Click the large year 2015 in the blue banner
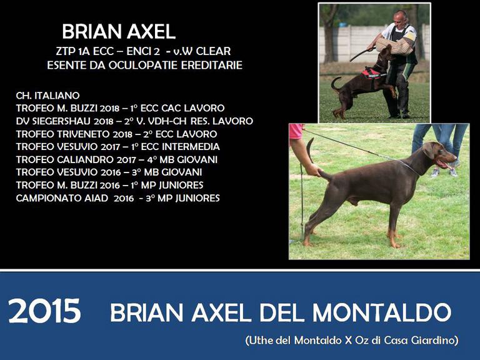(x=45, y=311)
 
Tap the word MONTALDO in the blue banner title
(x=382, y=312)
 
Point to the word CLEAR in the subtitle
(x=213, y=51)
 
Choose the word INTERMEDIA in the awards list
(x=191, y=147)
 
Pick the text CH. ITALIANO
(x=47, y=96)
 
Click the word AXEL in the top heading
(x=151, y=31)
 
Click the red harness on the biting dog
(x=372, y=74)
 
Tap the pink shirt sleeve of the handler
(x=296, y=131)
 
